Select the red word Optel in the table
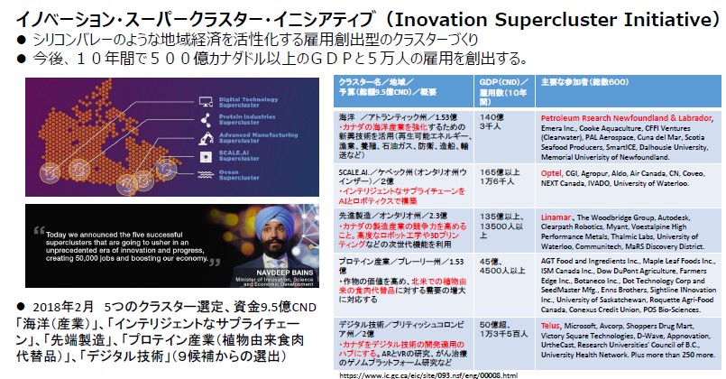point(551,170)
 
